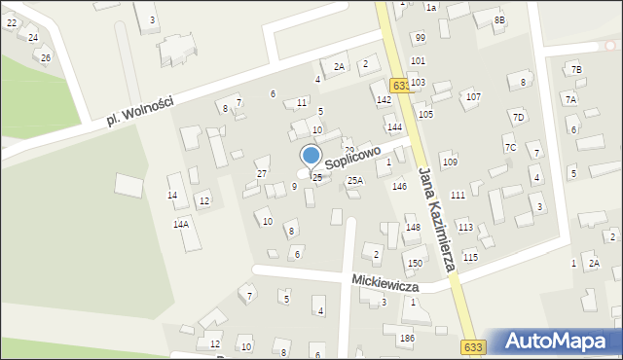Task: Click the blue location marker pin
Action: (x=311, y=156)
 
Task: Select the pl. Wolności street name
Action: (x=141, y=110)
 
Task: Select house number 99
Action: (x=420, y=38)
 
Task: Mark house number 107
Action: (x=473, y=97)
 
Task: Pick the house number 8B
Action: (x=499, y=20)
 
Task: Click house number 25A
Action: (x=355, y=181)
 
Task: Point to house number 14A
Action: (x=181, y=224)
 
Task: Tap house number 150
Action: (x=415, y=264)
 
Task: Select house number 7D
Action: (x=518, y=118)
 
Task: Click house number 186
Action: (x=407, y=338)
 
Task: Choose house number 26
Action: (x=46, y=58)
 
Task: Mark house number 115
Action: (x=471, y=257)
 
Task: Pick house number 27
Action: (x=262, y=174)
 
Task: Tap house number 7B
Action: (x=576, y=70)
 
